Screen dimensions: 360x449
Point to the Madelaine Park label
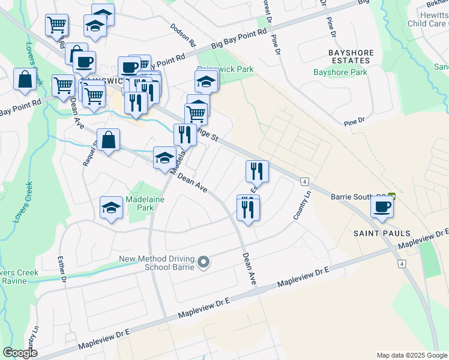[140, 203]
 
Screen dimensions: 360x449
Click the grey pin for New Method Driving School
[204, 262]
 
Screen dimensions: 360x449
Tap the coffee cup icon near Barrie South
[382, 207]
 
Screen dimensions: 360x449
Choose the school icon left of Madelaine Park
[111, 208]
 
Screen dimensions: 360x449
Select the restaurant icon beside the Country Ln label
[257, 172]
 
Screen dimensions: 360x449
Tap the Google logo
[20, 353]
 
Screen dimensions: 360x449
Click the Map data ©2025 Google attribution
[412, 355]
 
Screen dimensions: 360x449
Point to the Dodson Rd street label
[184, 36]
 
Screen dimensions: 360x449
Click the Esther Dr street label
[61, 269]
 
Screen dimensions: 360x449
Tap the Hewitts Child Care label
[427, 19]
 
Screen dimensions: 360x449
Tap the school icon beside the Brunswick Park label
[206, 80]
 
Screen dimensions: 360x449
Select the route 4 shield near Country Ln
[305, 181]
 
